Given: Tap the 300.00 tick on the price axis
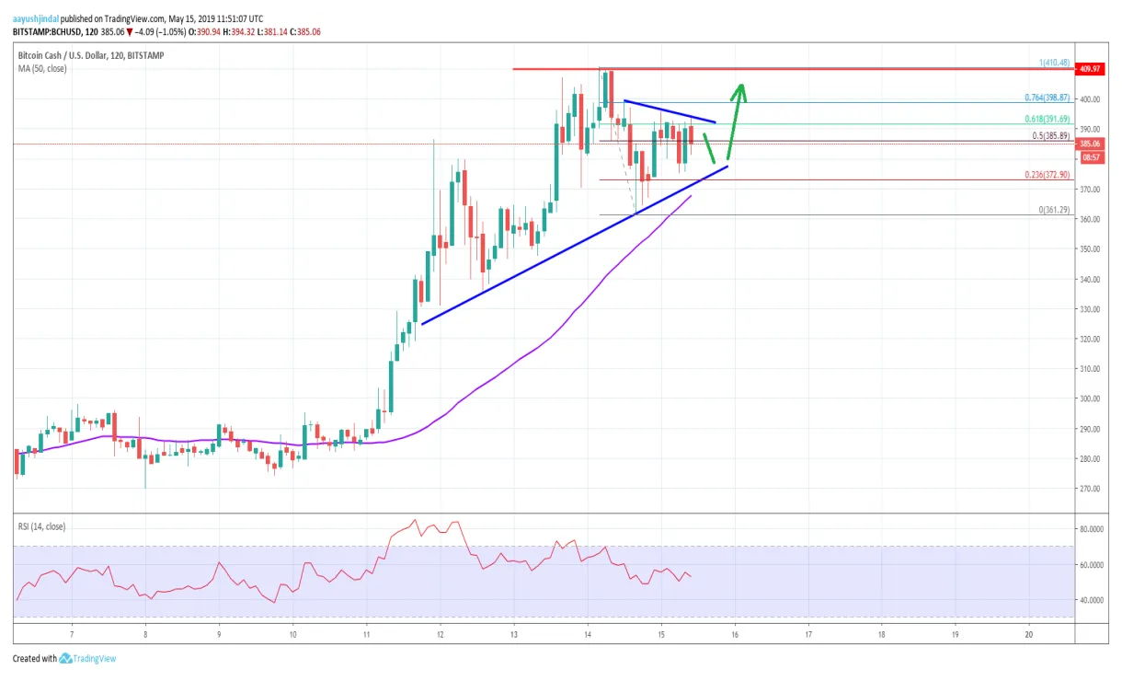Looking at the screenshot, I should pos(1092,398).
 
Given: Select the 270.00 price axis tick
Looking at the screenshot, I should pos(1092,489).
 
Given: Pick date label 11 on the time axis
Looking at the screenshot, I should pos(366,634).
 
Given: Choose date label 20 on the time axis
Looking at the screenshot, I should pos(1029,634).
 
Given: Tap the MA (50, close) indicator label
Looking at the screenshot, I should pos(43,68).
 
